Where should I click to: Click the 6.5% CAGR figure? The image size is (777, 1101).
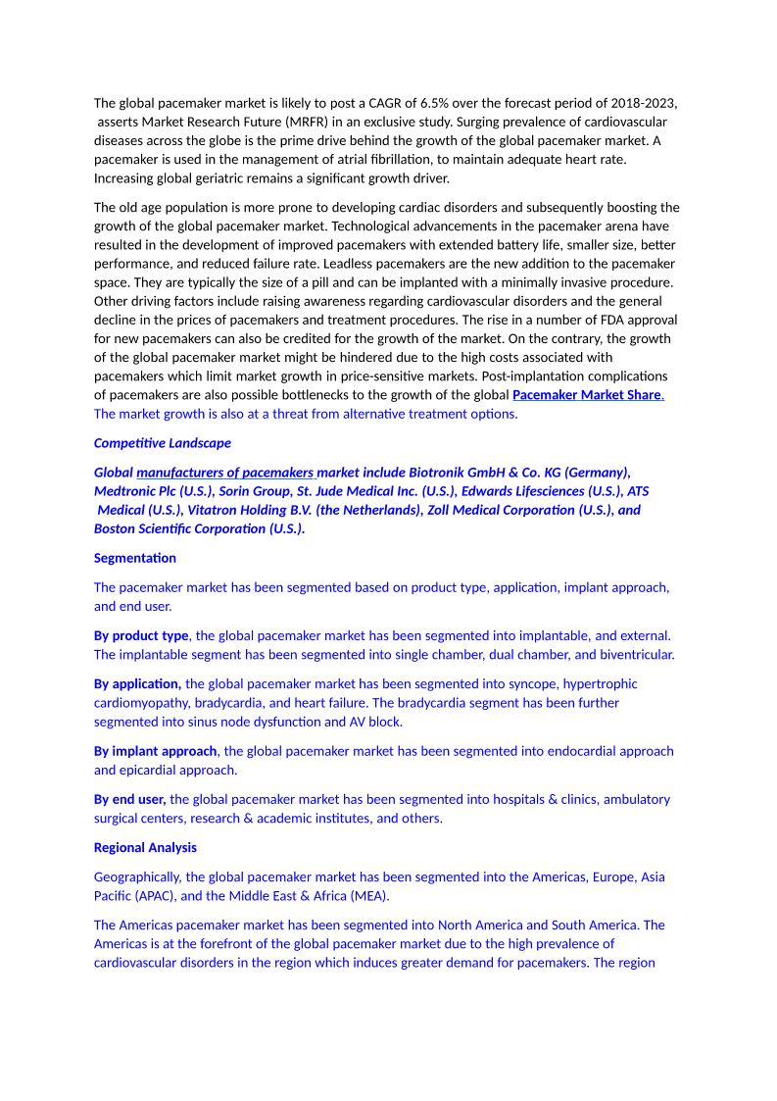(x=433, y=103)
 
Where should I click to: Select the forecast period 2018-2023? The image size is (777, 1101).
(x=643, y=103)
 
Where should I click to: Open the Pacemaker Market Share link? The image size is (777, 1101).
(x=587, y=395)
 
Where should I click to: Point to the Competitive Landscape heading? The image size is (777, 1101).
(x=163, y=443)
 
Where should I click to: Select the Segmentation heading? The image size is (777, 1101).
(x=135, y=558)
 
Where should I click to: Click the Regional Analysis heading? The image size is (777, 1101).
(x=145, y=847)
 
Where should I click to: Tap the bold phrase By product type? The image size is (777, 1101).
(x=141, y=635)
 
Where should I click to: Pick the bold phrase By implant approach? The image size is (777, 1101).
(x=155, y=751)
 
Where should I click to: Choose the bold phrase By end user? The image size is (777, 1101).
(x=130, y=799)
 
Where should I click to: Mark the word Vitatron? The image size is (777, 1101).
(x=216, y=510)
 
